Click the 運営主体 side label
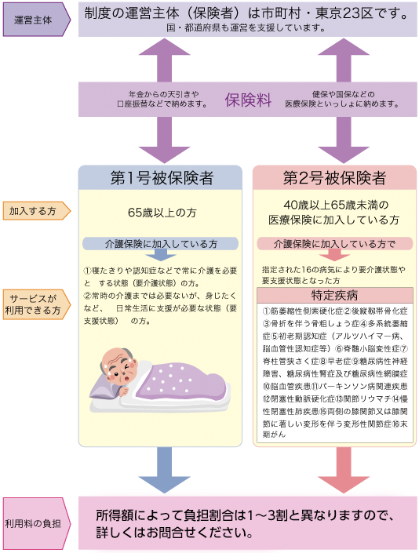(34, 18)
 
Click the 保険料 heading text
(248, 100)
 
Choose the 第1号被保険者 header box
(160, 177)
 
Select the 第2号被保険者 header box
(334, 177)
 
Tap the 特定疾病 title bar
(334, 295)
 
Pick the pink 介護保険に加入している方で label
(334, 243)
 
